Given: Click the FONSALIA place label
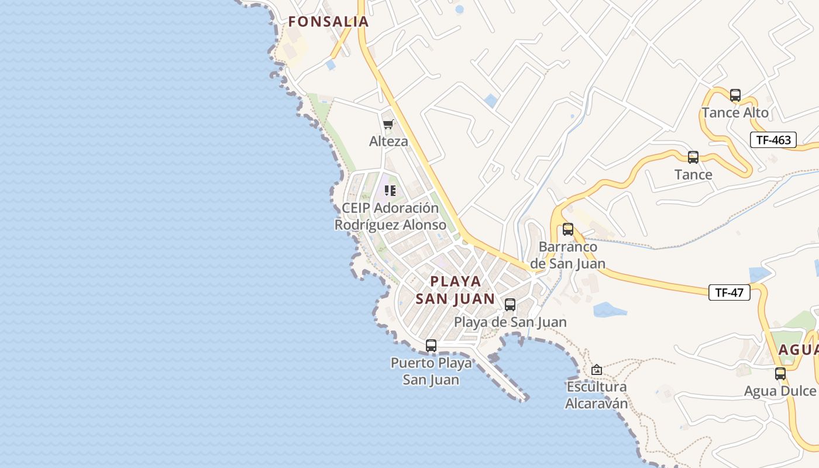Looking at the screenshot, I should tap(328, 22).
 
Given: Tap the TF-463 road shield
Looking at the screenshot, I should tap(773, 140).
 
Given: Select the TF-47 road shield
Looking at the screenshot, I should tap(729, 292).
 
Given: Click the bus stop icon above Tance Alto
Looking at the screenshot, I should tap(735, 95).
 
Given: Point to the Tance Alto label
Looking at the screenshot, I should tap(735, 112).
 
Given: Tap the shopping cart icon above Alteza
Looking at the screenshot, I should tap(388, 124).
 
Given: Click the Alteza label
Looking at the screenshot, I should tap(388, 141).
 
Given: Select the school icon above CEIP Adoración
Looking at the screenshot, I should tap(390, 191).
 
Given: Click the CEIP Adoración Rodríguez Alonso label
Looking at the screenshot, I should tap(387, 216).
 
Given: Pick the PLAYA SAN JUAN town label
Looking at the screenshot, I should tap(456, 290).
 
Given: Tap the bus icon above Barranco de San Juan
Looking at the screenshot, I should tap(567, 229).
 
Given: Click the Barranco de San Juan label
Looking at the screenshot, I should tap(568, 255).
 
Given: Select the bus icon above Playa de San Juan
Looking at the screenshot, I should tap(510, 305).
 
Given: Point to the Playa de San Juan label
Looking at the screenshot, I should tap(510, 322).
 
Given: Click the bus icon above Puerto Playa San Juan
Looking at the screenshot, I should tap(431, 346).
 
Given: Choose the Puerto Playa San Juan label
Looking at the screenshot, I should tap(431, 371).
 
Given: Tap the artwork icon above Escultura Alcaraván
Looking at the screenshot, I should tap(597, 370).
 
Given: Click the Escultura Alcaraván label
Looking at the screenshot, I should tap(597, 395).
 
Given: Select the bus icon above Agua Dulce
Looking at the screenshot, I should tap(780, 374).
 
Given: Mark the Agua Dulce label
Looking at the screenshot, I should tap(780, 391).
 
